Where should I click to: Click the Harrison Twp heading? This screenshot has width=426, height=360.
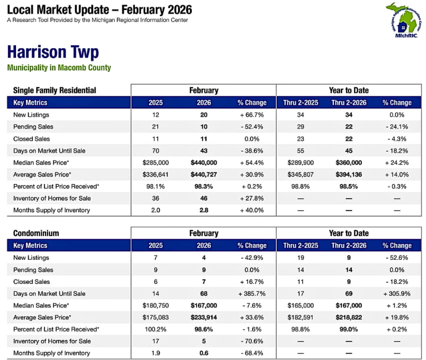[53, 52]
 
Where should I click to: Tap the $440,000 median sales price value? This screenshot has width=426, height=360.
[203, 162]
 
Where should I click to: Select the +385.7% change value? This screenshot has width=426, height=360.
[252, 293]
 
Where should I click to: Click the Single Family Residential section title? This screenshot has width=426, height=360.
[54, 90]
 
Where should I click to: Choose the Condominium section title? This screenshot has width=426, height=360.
[36, 233]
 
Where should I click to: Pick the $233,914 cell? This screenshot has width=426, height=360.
[203, 317]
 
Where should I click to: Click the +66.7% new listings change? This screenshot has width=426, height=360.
[252, 115]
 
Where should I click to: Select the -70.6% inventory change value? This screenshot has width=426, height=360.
[252, 341]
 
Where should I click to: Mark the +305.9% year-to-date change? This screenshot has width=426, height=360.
[396, 293]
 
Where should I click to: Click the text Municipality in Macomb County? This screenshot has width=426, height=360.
[59, 68]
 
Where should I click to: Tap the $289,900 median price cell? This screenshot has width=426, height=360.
[300, 162]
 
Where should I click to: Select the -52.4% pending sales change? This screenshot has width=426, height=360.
[252, 127]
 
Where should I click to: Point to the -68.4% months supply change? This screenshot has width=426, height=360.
[252, 353]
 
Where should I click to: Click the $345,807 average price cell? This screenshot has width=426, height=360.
[300, 174]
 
